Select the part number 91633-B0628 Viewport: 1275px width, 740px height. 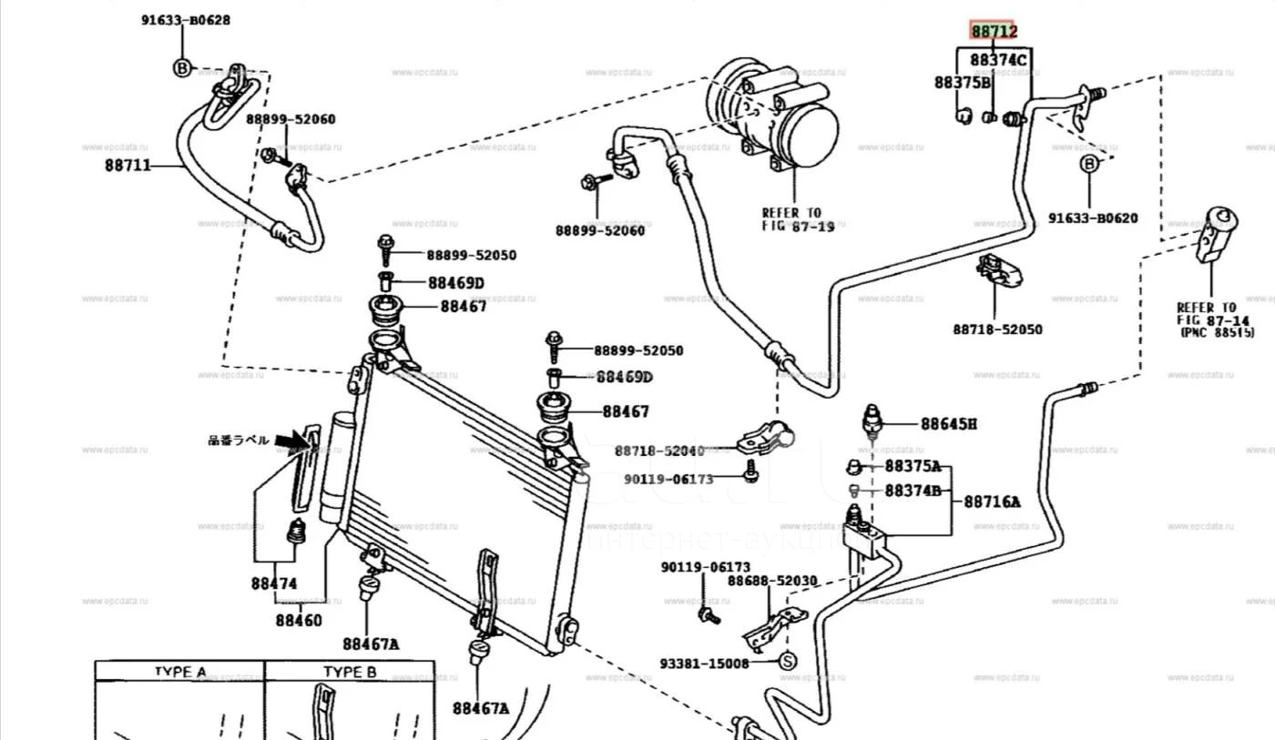pyautogui.click(x=185, y=20)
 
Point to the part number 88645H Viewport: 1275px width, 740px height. pyautogui.click(x=948, y=423)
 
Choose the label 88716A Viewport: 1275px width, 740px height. pyautogui.click(x=992, y=501)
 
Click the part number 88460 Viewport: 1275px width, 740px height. pyautogui.click(x=299, y=620)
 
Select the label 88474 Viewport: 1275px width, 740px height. pyautogui.click(x=274, y=583)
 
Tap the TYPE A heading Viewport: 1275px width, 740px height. pyautogui.click(x=179, y=672)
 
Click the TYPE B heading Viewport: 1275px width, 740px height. pyautogui.click(x=350, y=672)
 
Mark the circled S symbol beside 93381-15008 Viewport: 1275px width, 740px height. pyautogui.click(x=789, y=662)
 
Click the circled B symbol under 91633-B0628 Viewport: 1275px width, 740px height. pyautogui.click(x=182, y=67)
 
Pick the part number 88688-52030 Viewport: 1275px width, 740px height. pyautogui.click(x=771, y=581)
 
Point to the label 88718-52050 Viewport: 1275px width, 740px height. pyautogui.click(x=997, y=329)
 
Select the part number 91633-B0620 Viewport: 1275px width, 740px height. pyautogui.click(x=1092, y=218)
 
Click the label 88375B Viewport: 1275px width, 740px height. pyautogui.click(x=962, y=83)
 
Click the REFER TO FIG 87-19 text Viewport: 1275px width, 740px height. pyautogui.click(x=797, y=219)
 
